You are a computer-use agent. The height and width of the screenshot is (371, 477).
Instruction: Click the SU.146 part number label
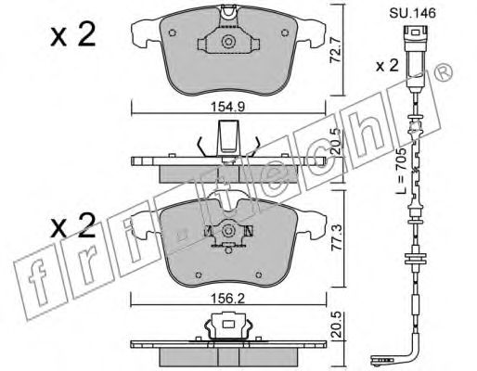pyautogui.click(x=412, y=13)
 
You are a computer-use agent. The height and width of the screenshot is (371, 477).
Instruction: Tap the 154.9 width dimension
pyautogui.click(x=228, y=107)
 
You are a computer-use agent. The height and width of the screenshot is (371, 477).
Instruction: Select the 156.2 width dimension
pyautogui.click(x=228, y=299)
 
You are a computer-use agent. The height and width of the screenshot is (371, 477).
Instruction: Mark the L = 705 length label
pyautogui.click(x=401, y=171)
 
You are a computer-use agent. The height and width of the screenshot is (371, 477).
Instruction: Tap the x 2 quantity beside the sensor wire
pyautogui.click(x=387, y=66)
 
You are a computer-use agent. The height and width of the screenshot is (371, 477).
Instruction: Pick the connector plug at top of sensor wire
pyautogui.click(x=416, y=58)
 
